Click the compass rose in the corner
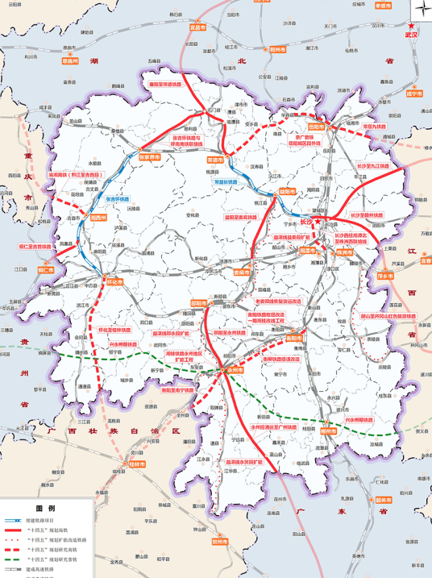(421, 10)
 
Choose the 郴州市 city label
(328, 430)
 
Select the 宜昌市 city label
(197, 27)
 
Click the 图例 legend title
(47, 509)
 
